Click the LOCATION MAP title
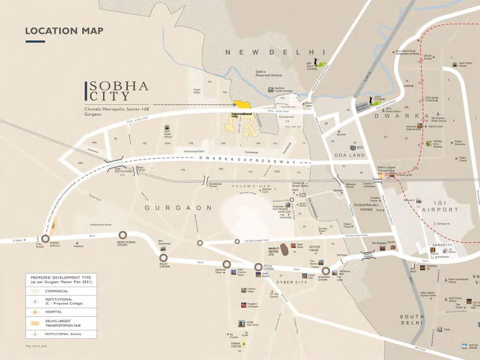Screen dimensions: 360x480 64,31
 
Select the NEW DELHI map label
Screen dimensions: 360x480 275,52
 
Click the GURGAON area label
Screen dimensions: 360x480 178,208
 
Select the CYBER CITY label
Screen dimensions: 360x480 291,282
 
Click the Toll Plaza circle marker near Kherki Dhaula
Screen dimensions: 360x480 45,239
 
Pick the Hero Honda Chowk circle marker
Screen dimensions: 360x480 123,234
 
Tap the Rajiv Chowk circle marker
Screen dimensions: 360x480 164,258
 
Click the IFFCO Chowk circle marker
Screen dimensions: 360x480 258,267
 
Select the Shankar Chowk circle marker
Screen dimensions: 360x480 326,270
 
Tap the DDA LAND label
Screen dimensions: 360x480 349,155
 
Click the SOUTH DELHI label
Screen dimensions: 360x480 412,320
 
